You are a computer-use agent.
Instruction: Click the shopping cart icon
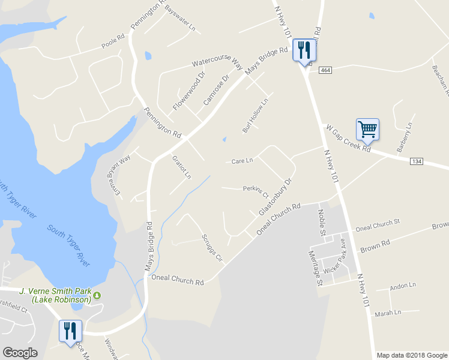(367, 128)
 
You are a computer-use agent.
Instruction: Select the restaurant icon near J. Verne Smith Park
(70, 331)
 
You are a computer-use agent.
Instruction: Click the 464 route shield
(325, 70)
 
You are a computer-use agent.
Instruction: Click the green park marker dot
(97, 295)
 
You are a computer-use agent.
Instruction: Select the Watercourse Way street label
(217, 62)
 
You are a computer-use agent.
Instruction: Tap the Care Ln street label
(243, 161)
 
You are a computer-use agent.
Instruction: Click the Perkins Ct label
(255, 190)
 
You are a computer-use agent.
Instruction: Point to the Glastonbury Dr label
(275, 197)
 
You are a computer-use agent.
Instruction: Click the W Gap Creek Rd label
(348, 139)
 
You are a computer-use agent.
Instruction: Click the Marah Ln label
(388, 313)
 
